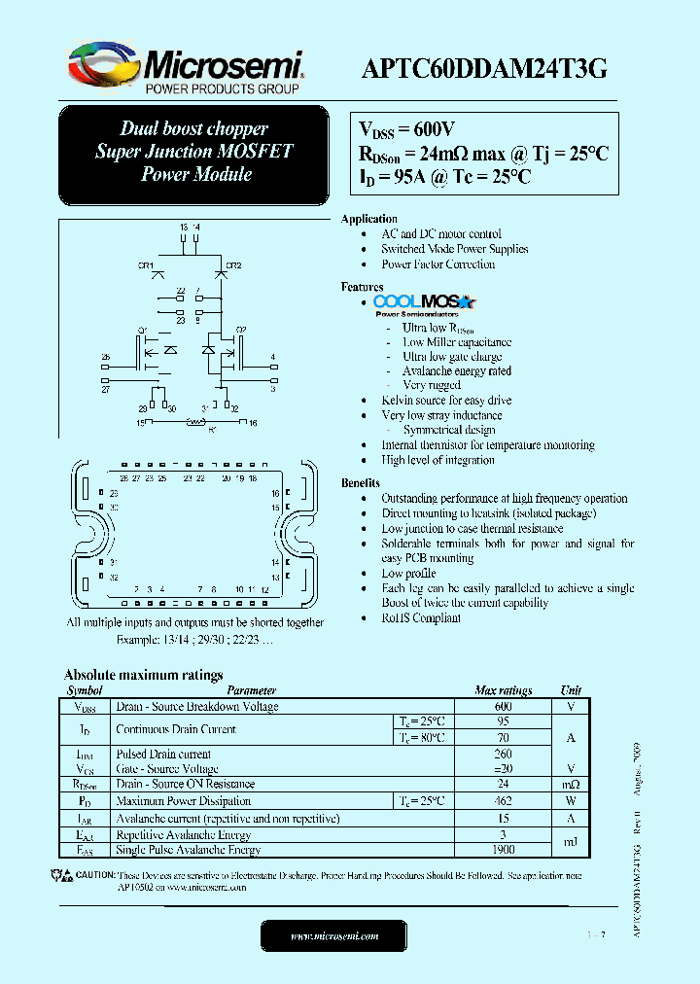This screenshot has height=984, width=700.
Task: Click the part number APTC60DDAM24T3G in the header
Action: point(485,68)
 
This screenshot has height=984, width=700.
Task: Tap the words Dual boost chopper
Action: point(193,128)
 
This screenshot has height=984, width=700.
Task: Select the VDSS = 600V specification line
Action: point(407,130)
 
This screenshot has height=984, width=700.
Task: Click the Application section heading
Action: point(368,219)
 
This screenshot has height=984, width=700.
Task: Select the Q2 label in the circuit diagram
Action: point(241,330)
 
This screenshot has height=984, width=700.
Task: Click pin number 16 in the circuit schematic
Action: point(253,423)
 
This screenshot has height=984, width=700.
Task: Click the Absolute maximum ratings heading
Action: point(143,675)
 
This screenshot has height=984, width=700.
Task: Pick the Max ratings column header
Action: point(503,690)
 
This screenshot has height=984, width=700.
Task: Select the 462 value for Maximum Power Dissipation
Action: point(503,801)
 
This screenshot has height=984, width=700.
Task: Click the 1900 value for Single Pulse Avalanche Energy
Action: point(503,850)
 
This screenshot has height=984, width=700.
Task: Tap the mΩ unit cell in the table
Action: point(571,785)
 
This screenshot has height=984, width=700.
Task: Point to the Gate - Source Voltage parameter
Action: point(166,769)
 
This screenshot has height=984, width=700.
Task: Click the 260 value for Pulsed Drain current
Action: point(503,754)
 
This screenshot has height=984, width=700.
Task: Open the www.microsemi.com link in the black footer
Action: point(334,935)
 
